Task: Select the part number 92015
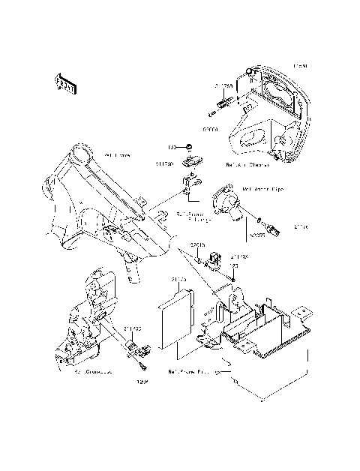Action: point(197,244)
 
